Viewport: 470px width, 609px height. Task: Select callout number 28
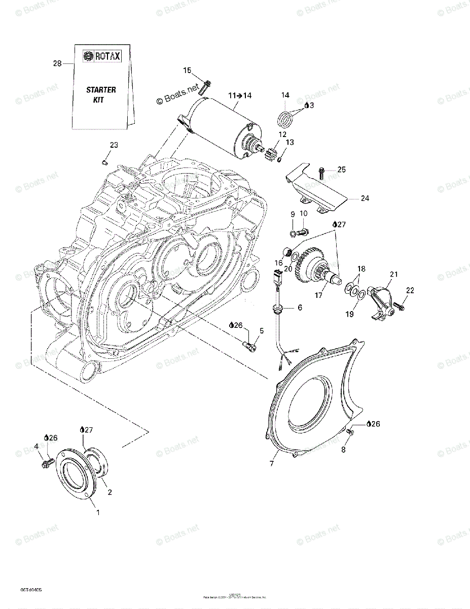click(57, 63)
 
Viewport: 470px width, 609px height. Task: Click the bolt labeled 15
click(205, 87)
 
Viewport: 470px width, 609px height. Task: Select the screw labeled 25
click(322, 173)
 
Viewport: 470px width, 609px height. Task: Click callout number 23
click(114, 145)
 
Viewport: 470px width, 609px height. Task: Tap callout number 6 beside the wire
click(300, 308)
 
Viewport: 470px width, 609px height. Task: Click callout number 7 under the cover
click(271, 464)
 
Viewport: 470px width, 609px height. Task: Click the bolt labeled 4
click(47, 463)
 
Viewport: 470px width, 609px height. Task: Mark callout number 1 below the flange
click(98, 512)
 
